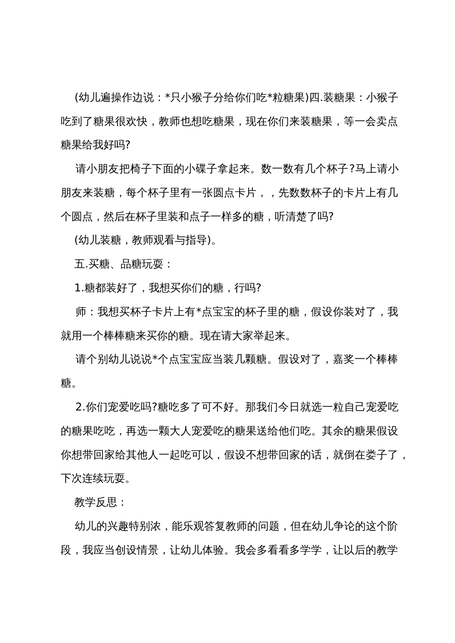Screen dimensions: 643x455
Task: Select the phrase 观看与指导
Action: pos(182,240)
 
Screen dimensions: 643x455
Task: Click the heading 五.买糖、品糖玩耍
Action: pos(123,264)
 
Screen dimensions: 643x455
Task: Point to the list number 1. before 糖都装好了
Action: pos(79,288)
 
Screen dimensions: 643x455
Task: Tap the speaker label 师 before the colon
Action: pos(81,312)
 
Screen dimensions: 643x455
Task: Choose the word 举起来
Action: pos(273,336)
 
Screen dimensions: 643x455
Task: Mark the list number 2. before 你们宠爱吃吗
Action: pos(80,407)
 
